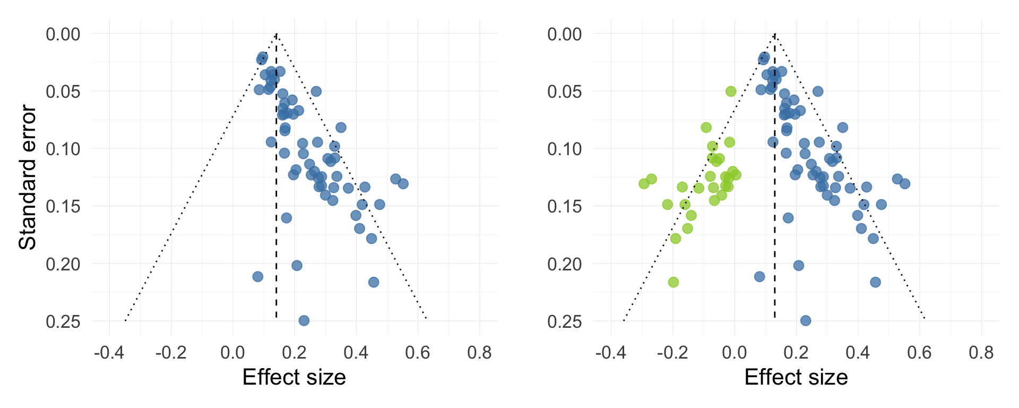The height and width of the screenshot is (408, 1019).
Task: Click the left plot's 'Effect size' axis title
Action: [x=294, y=377]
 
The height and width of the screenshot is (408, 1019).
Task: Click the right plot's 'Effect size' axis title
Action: [x=796, y=377]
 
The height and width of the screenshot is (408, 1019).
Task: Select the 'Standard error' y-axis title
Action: [x=28, y=177]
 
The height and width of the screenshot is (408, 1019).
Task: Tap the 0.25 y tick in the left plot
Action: [x=63, y=321]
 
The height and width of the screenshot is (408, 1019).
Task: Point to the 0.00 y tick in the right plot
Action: [x=565, y=34]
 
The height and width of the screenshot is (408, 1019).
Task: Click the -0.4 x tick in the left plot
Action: [x=109, y=352]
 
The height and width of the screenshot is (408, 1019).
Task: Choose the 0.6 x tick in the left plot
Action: [x=417, y=352]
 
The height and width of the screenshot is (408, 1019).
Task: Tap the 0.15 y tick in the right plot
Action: [x=565, y=206]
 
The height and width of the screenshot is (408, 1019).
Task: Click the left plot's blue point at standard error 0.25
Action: [x=304, y=320]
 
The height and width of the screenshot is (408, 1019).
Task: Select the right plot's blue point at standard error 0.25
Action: [x=806, y=320]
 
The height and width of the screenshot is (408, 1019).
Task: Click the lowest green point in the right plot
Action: [x=673, y=282]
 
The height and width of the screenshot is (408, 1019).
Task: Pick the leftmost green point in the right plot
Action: [x=644, y=184]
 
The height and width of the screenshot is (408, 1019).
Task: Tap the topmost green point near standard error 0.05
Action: [x=731, y=91]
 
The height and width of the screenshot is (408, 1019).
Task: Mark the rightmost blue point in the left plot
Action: [x=403, y=184]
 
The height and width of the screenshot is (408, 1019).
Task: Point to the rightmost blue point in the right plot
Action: [x=905, y=184]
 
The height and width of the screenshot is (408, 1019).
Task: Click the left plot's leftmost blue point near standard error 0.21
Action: [x=258, y=277]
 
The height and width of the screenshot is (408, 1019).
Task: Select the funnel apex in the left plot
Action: [x=277, y=34]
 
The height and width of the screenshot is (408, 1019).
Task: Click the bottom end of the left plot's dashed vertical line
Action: [x=277, y=318]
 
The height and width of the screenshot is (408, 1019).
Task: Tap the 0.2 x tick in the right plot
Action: [x=796, y=352]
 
